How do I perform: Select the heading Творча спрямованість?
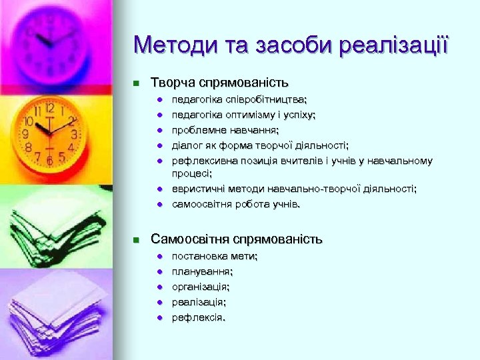[219, 83]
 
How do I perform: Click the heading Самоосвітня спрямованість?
[237, 239]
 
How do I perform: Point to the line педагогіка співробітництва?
[239, 99]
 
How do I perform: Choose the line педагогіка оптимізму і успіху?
[243, 115]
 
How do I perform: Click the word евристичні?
[197, 189]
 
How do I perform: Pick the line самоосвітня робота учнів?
[236, 205]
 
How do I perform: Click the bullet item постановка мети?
[215, 256]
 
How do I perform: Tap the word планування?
[202, 271]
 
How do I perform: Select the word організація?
[201, 287]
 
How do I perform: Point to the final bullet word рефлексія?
[198, 317]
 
